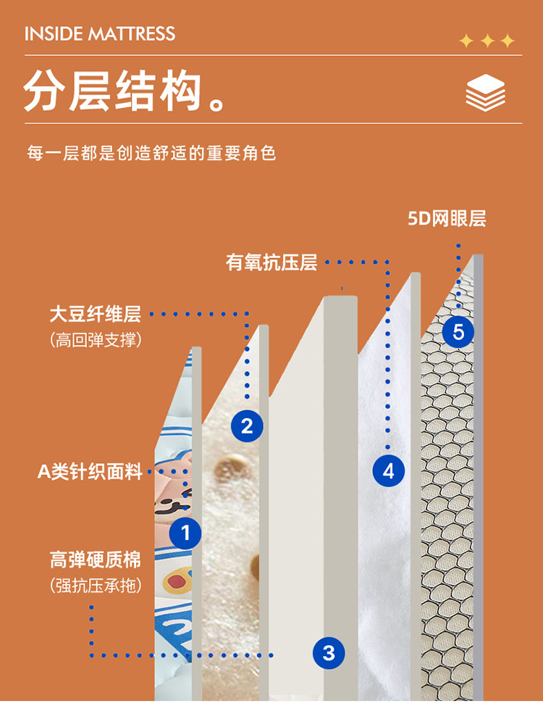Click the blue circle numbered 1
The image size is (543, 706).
point(185,533)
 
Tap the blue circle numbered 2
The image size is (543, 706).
point(247,426)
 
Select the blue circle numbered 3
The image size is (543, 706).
point(329,652)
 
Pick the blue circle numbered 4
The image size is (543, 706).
point(389,471)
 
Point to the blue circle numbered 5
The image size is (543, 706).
point(458,332)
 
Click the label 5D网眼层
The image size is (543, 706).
point(447,219)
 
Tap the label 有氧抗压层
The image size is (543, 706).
point(271,262)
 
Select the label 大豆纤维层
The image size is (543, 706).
point(96,315)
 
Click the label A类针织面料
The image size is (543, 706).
point(90,472)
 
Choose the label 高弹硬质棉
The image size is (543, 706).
point(96,560)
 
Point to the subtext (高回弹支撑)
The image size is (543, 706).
point(96,340)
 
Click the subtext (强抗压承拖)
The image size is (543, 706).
point(96,586)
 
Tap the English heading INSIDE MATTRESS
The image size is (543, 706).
point(100,34)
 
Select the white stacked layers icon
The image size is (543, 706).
point(485,93)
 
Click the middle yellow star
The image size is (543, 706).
point(487,41)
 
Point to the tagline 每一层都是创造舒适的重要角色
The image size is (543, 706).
point(151,153)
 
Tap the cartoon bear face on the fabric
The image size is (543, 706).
point(173,486)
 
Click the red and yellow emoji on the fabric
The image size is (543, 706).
point(177,581)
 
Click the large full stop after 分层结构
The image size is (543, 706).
point(217,104)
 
